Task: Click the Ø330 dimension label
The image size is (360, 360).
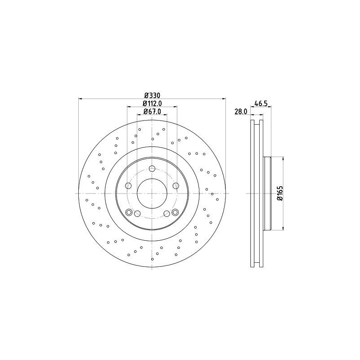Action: click(152, 95)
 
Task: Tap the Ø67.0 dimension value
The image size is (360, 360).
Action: click(152, 112)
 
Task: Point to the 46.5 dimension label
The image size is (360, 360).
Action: click(261, 103)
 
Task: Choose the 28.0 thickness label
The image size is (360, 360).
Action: click(241, 112)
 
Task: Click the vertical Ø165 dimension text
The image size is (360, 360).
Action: click(279, 193)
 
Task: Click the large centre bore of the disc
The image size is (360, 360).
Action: click(152, 193)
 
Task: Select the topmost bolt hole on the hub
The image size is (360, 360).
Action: click(152, 169)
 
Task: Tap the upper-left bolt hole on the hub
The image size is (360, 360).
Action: click(129, 186)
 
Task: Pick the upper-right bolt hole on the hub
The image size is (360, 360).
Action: click(175, 186)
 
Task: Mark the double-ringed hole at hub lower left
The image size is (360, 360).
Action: click(130, 213)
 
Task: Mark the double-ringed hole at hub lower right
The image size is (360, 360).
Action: click(175, 213)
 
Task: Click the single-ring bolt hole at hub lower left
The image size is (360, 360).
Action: click(138, 213)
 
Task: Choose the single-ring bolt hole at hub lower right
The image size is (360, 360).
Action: click(166, 213)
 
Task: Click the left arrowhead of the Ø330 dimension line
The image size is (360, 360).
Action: click(81, 99)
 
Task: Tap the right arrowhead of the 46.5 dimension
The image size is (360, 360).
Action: click(270, 107)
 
